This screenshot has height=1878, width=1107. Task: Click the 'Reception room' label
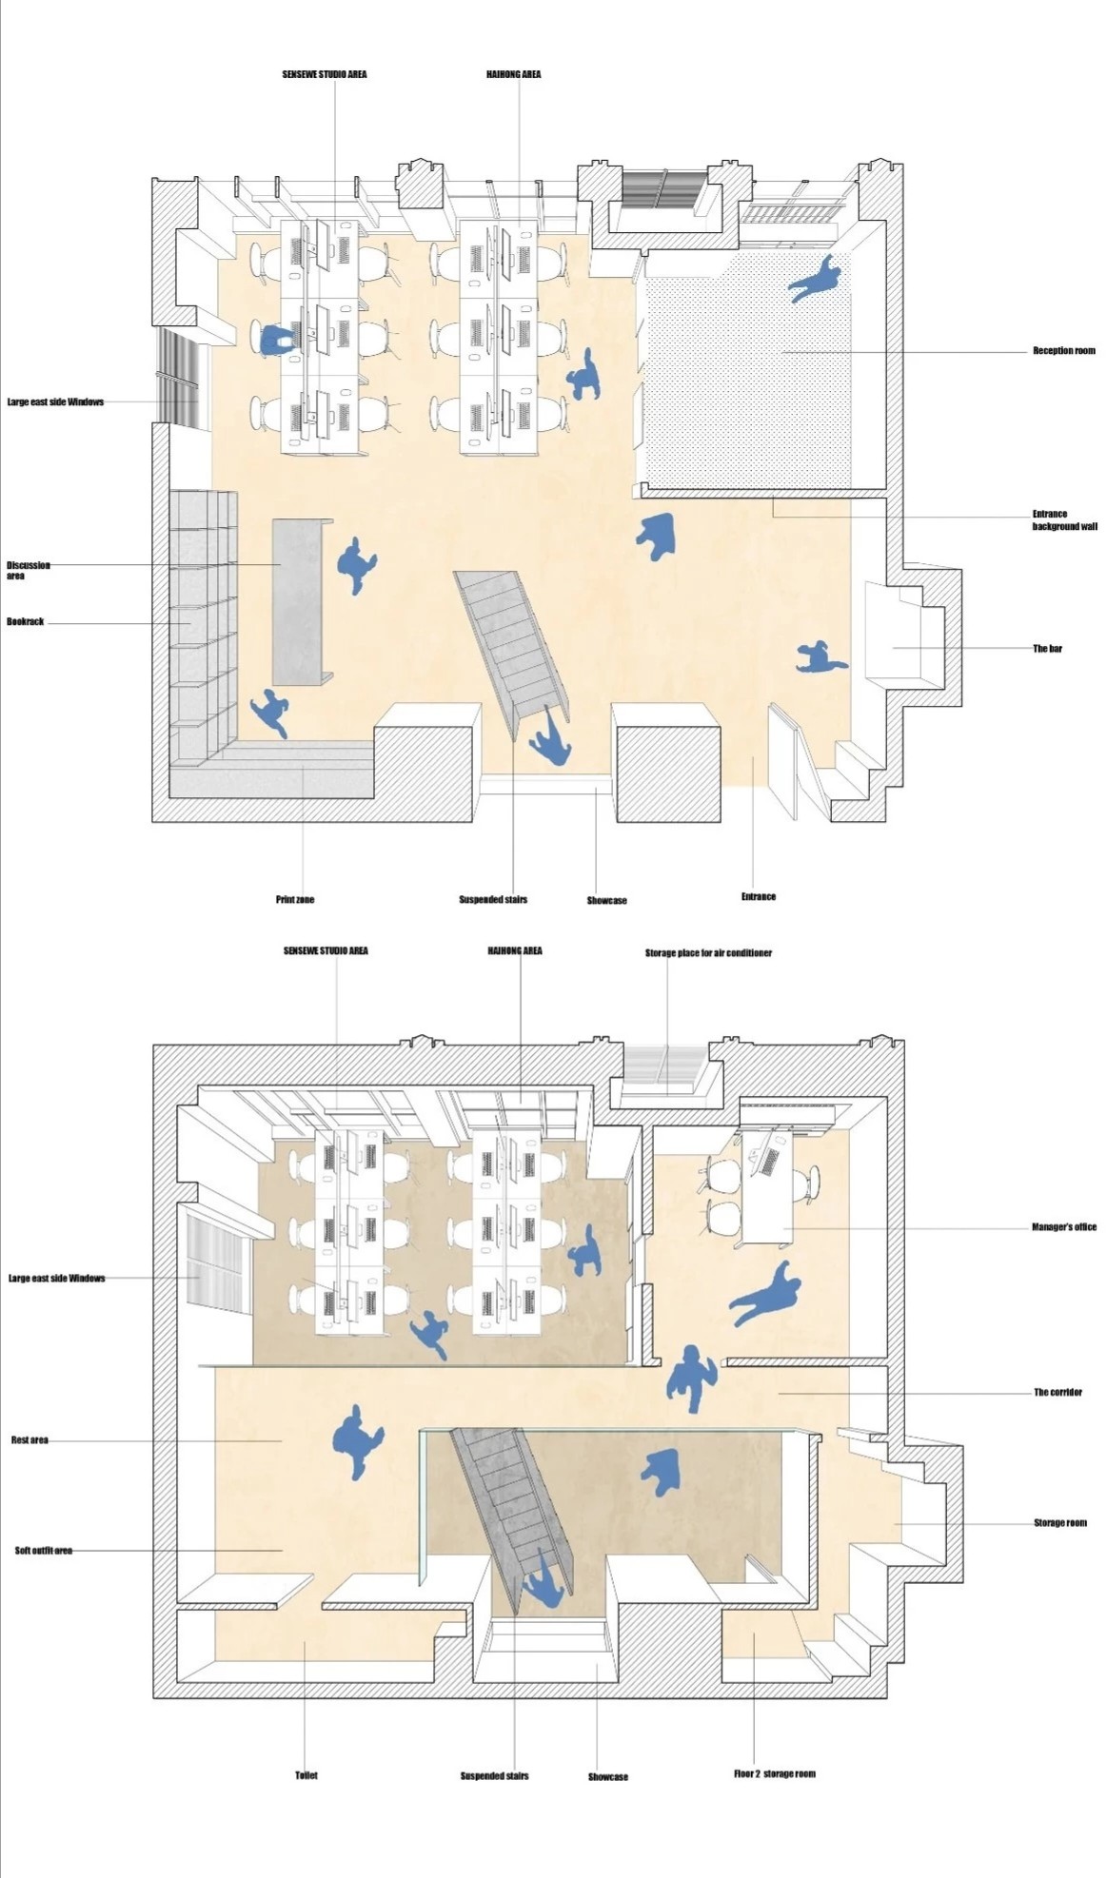(1063, 351)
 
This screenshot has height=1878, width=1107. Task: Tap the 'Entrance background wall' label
(1064, 520)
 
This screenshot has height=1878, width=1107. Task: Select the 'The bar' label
(1047, 649)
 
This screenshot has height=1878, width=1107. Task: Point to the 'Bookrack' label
(26, 622)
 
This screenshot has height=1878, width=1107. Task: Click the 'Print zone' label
(295, 899)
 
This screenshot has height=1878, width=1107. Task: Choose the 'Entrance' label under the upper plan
(759, 896)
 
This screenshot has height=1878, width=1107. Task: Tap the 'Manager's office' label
(1064, 1227)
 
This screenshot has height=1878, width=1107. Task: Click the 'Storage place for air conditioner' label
(708, 952)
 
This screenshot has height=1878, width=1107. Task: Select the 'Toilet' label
(306, 1775)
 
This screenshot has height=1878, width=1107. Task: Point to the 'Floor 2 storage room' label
(775, 1773)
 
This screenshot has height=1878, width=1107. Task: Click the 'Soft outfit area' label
(44, 1550)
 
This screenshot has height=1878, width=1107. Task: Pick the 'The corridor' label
(1058, 1392)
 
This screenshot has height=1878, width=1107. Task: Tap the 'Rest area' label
(30, 1439)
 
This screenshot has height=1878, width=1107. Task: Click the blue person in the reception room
(816, 279)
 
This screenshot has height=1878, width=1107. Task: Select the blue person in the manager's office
(766, 1294)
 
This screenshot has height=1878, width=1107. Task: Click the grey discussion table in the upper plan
(302, 601)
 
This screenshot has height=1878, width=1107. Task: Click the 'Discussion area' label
(29, 570)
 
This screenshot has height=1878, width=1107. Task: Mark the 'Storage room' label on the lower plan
(1060, 1523)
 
